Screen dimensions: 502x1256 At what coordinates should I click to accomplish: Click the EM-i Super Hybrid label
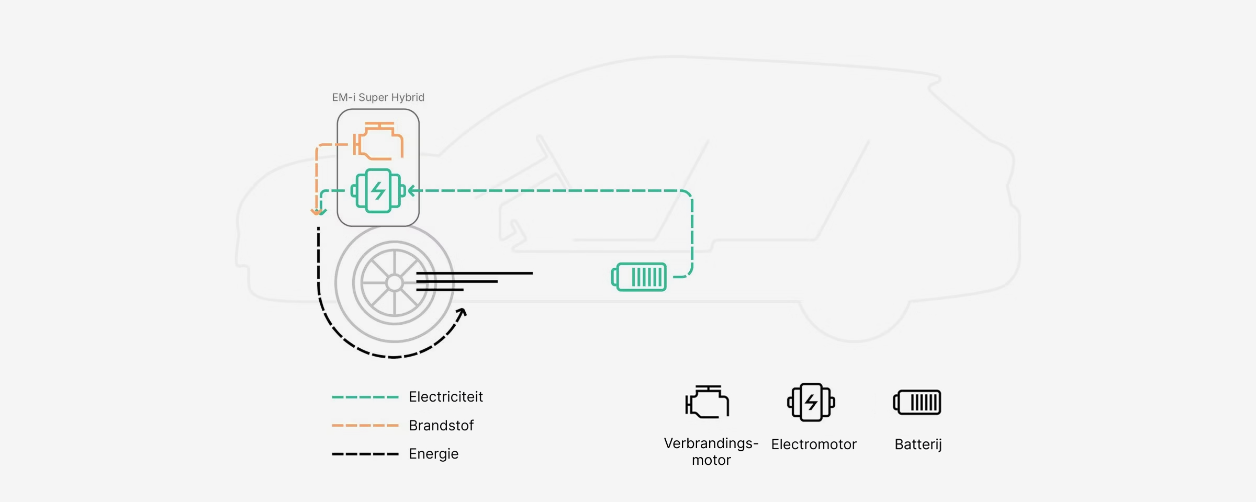coord(378,97)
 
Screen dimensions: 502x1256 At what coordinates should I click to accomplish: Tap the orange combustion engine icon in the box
coord(378,141)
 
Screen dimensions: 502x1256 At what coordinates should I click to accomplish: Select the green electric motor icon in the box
coord(378,191)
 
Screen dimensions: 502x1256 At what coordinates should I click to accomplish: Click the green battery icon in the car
coord(639,277)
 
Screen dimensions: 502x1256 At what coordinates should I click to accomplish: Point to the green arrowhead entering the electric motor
coord(412,191)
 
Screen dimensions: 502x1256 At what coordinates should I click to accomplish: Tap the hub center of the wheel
coord(394,283)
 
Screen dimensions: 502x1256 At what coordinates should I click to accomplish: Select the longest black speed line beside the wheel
coord(474,273)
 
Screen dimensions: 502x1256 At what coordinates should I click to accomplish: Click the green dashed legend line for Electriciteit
coord(365,397)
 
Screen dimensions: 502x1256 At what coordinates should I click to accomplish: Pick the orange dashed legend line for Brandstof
coord(365,426)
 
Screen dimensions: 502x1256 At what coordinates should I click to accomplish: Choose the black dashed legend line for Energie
coord(365,454)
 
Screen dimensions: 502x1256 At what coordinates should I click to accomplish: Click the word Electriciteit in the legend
coord(445,397)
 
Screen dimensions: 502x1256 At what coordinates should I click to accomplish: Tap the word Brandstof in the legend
coord(441,426)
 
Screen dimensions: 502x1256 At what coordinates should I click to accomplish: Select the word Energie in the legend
coord(433,454)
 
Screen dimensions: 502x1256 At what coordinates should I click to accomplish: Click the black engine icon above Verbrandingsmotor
coord(707,402)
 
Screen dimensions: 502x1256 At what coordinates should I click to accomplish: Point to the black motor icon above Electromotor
coord(811,402)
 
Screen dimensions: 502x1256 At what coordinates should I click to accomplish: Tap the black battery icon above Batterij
coord(917,402)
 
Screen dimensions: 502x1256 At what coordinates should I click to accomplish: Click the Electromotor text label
coord(813,444)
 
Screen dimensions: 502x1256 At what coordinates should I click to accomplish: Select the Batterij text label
coord(918,444)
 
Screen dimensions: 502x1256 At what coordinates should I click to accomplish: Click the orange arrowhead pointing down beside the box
coord(316,211)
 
